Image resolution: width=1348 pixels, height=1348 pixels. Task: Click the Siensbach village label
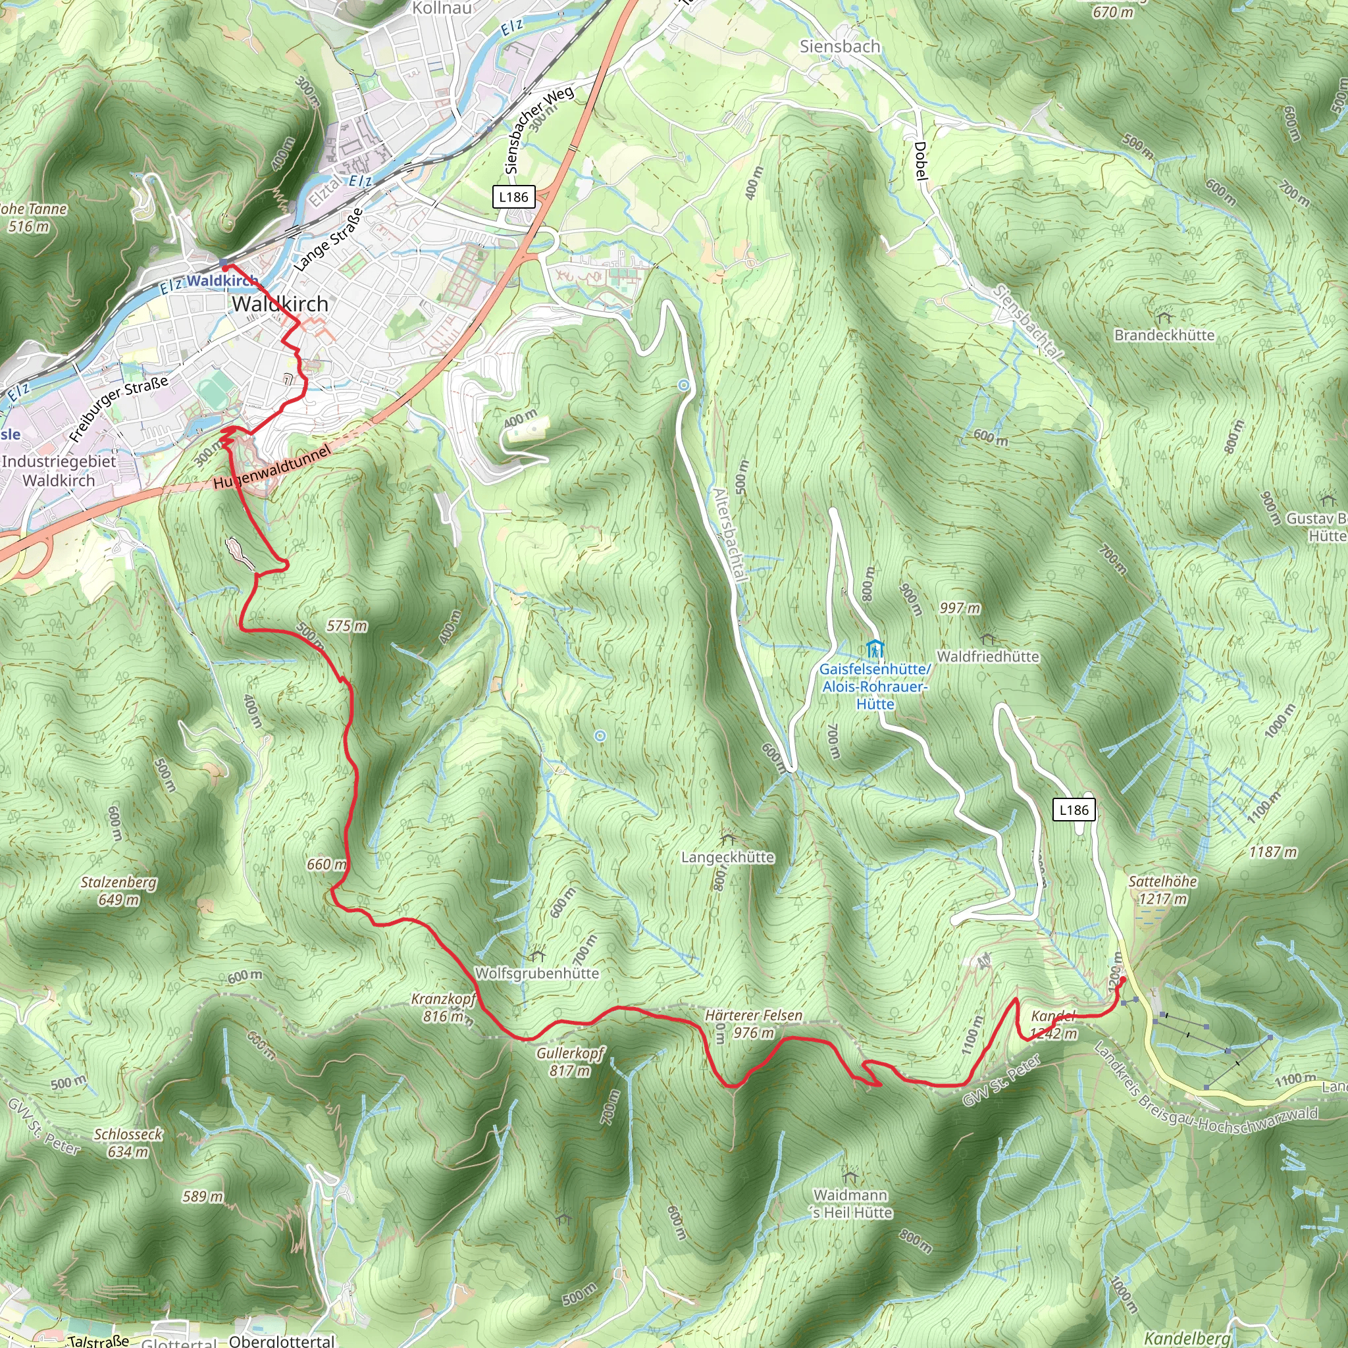839,47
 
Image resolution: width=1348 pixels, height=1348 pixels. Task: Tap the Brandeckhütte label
1164,335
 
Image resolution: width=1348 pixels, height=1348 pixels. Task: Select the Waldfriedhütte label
987,656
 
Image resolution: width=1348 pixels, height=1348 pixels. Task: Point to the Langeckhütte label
728,857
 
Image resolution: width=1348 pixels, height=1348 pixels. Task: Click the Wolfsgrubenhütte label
536,973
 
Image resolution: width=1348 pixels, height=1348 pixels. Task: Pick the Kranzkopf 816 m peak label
444,1008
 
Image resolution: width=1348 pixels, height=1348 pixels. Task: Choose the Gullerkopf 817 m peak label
570,1061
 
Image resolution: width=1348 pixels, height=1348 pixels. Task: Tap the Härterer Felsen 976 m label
754,1024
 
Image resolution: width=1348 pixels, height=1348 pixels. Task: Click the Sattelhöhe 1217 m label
1162,891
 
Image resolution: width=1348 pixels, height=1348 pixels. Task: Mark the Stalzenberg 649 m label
118,891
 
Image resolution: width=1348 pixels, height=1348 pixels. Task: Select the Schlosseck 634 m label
128,1143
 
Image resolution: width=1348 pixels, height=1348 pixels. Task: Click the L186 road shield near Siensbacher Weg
513,197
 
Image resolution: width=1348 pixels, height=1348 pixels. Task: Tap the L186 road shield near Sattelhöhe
1073,810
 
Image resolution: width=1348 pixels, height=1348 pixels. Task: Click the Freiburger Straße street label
118,409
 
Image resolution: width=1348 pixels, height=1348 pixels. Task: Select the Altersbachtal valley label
729,534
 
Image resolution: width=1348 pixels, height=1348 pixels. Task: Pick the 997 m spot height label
960,608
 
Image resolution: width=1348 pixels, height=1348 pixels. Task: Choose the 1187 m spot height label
1274,851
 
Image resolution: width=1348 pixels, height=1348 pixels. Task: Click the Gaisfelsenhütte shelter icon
875,648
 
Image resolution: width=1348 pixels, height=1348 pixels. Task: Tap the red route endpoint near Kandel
1123,979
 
